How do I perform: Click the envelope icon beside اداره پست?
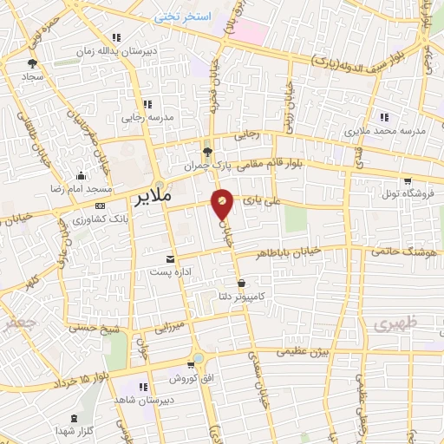tap(169, 259)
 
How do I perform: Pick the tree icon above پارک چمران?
tap(206, 149)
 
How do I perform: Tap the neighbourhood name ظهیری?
tap(395, 323)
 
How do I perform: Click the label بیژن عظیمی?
tap(298, 352)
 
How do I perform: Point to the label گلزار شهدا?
tap(79, 431)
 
